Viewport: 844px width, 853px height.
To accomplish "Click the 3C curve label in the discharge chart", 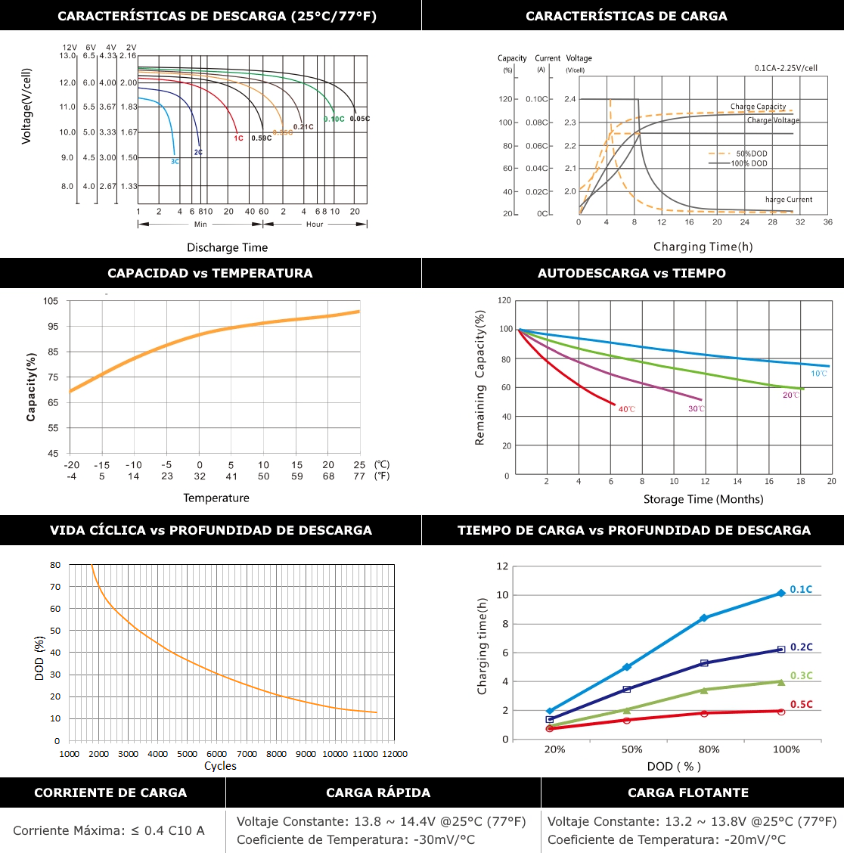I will pyautogui.click(x=175, y=162).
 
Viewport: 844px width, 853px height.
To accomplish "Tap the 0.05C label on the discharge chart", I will pyautogui.click(x=360, y=119).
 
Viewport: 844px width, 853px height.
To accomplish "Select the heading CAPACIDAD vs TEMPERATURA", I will pyautogui.click(x=210, y=273).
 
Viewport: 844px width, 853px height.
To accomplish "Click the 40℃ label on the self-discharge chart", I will pyautogui.click(x=627, y=409).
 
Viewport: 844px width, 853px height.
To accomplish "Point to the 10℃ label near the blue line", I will pyautogui.click(x=819, y=374).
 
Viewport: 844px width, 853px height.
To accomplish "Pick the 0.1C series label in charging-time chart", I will pyautogui.click(x=801, y=589).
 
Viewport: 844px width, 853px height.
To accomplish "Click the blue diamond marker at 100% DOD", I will pyautogui.click(x=781, y=594).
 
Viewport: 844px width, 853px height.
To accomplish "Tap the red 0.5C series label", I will pyautogui.click(x=801, y=704).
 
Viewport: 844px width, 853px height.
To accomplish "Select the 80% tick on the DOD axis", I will pyautogui.click(x=709, y=749).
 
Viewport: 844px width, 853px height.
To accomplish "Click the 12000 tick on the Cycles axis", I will pyautogui.click(x=395, y=754).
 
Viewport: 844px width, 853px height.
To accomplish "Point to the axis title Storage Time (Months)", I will pyautogui.click(x=703, y=499).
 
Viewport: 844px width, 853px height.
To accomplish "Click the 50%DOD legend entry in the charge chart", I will pyautogui.click(x=752, y=154).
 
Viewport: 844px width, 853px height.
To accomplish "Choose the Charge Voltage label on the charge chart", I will pyautogui.click(x=773, y=120).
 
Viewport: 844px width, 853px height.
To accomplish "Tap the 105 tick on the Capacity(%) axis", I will pyautogui.click(x=51, y=301).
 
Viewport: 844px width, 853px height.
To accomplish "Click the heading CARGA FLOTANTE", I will pyautogui.click(x=688, y=793).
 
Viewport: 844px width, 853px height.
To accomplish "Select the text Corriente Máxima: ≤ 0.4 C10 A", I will pyautogui.click(x=109, y=830).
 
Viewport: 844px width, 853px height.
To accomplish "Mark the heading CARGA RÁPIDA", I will pyautogui.click(x=378, y=793).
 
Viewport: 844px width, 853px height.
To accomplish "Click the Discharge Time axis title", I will pyautogui.click(x=228, y=247).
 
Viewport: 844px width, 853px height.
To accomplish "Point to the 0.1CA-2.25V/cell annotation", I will pyautogui.click(x=786, y=68).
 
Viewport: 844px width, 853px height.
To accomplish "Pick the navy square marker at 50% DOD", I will pyautogui.click(x=626, y=689).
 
